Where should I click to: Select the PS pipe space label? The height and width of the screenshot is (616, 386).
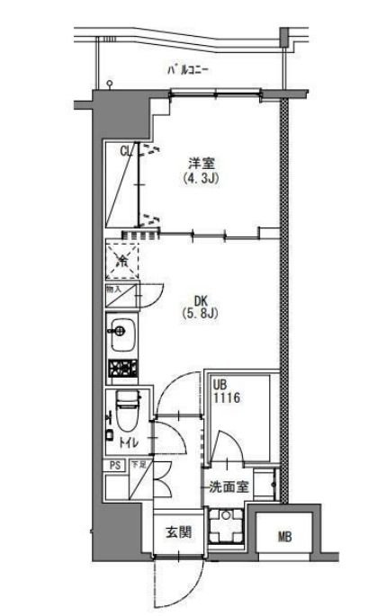pos(113,465)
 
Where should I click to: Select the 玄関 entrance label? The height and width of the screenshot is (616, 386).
pos(177,532)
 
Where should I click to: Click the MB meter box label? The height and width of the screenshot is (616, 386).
pos(284,538)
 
